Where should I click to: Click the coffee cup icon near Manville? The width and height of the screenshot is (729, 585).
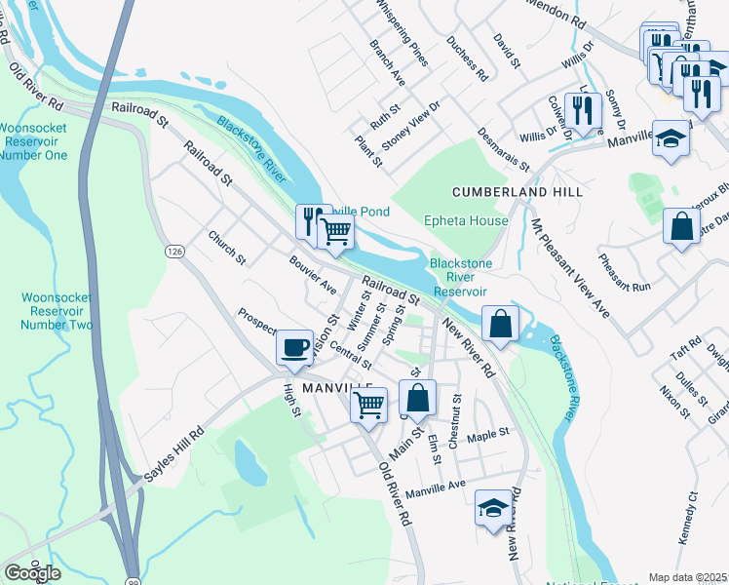click(294, 347)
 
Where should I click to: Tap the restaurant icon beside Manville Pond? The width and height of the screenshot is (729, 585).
click(312, 220)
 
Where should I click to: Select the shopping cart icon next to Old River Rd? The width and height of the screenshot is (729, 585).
click(368, 403)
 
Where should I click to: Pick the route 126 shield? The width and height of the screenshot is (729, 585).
click(174, 253)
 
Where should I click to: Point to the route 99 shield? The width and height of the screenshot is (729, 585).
click(133, 579)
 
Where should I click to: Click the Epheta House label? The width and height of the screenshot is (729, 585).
click(466, 221)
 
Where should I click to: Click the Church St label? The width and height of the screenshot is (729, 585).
click(226, 248)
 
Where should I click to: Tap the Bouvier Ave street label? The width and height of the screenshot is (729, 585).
click(312, 276)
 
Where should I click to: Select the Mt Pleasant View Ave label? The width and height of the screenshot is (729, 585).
click(570, 267)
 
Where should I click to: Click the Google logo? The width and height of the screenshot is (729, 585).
click(32, 573)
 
